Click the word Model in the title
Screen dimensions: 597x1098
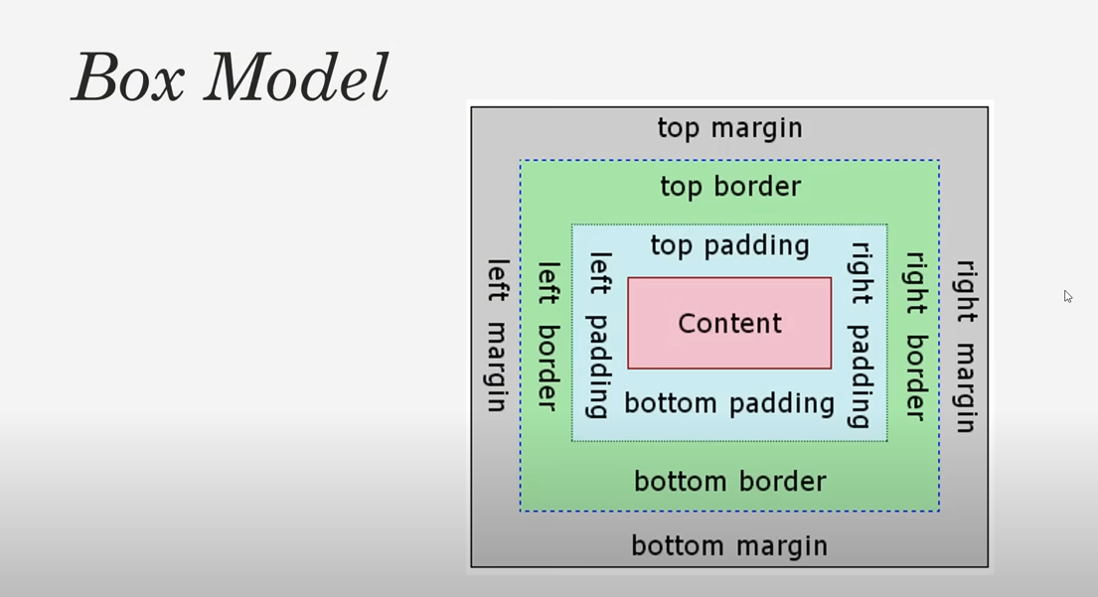point(296,77)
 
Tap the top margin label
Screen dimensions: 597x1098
point(729,128)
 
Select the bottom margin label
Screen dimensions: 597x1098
point(729,546)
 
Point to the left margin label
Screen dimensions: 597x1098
point(497,336)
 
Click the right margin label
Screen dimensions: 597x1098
point(965,346)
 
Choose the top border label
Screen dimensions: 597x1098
point(730,187)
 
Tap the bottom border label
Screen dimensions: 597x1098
point(730,482)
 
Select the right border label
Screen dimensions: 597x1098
point(914,336)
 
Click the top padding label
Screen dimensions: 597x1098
point(730,245)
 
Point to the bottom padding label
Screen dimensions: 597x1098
point(729,403)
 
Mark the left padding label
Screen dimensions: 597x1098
point(598,336)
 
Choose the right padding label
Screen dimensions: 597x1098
point(861,336)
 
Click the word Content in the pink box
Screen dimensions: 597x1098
point(729,324)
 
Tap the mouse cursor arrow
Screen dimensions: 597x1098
point(1067,296)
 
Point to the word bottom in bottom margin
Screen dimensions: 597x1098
point(672,546)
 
